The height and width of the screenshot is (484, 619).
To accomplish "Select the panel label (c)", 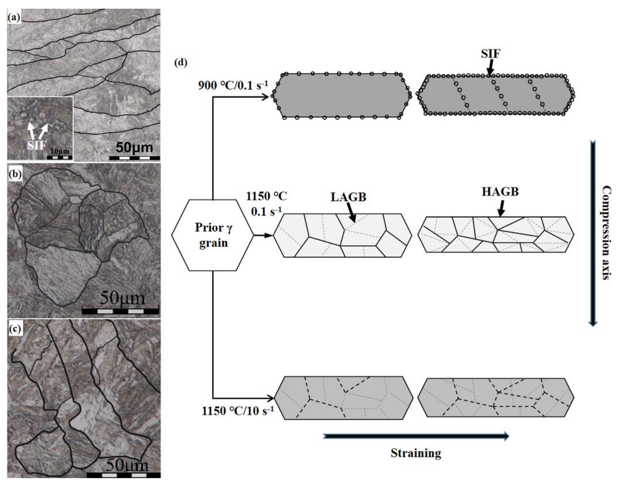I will click(16, 329).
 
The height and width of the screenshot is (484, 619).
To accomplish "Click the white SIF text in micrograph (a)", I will click(37, 145).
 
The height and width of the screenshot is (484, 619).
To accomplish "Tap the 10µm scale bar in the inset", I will click(59, 157).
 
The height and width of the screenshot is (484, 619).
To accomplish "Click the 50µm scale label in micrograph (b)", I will click(122, 298).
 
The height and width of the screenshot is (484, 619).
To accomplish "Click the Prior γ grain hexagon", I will click(213, 235).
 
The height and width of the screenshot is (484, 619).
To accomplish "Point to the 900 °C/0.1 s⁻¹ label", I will click(233, 85).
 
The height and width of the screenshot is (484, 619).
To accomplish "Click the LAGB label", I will click(348, 197).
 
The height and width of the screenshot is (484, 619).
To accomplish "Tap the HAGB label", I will click(500, 192).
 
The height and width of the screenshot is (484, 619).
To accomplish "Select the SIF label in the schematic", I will click(490, 54).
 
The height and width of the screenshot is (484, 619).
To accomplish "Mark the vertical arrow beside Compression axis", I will click(593, 233).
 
